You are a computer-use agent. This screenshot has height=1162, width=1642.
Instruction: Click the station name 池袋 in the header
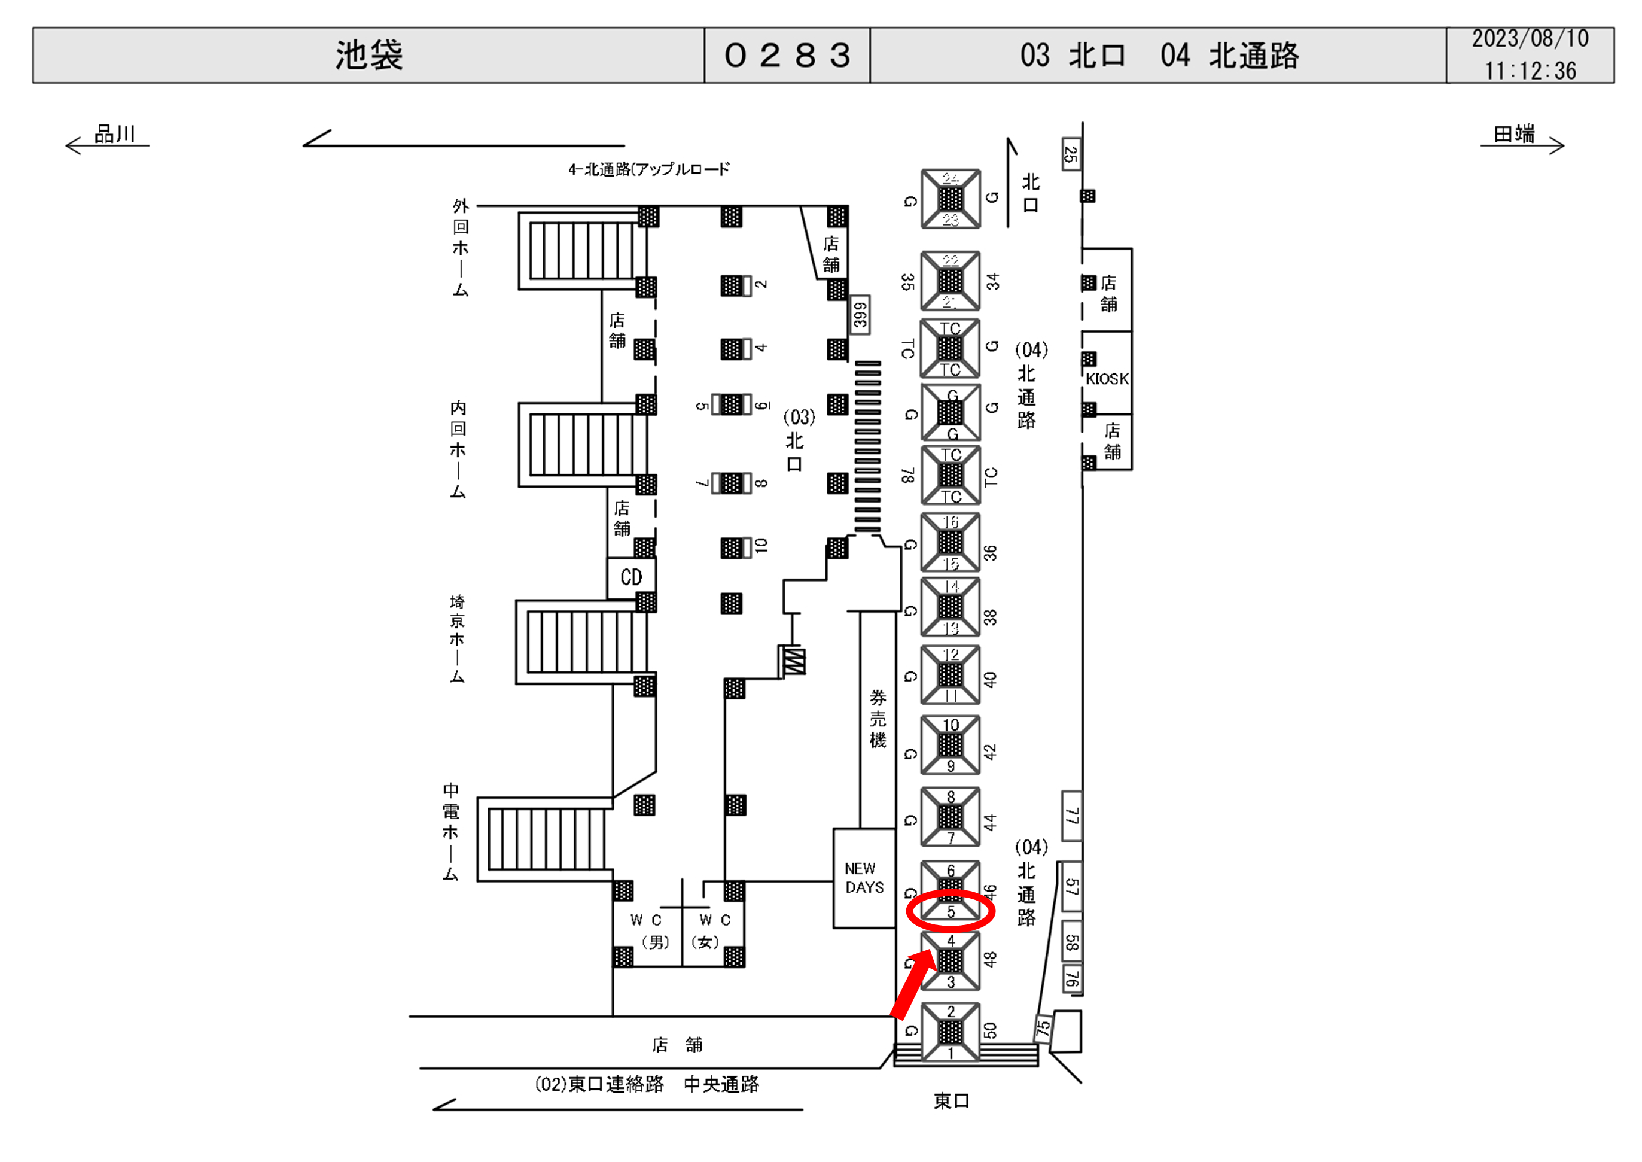click(x=369, y=55)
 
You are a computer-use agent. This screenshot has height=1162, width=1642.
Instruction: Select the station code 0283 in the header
click(x=787, y=55)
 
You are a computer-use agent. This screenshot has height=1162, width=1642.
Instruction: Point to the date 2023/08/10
click(x=1530, y=39)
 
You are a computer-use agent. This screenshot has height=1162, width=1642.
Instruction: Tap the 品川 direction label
click(x=114, y=134)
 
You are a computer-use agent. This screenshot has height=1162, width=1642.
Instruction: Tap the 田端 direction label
click(x=1513, y=134)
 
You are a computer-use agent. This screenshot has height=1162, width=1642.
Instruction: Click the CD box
click(x=630, y=577)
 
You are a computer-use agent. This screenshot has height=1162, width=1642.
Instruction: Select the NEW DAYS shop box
click(x=864, y=878)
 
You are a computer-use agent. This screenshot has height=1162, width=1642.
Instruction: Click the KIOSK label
click(x=1107, y=379)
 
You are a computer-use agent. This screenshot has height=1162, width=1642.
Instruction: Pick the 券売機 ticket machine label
click(x=878, y=719)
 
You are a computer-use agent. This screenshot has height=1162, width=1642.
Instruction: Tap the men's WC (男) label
click(x=647, y=931)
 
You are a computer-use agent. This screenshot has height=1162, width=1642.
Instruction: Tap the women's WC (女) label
click(x=713, y=931)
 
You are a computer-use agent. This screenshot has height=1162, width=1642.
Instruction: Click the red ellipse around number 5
click(x=951, y=911)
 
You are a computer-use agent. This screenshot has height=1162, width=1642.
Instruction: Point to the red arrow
click(x=914, y=983)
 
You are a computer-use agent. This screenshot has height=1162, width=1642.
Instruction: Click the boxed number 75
click(x=1043, y=1027)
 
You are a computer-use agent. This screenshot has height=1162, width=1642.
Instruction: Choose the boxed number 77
click(x=1071, y=816)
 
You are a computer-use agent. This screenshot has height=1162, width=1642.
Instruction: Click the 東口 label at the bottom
click(x=951, y=1100)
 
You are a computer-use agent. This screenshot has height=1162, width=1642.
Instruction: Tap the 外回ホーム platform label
click(x=461, y=248)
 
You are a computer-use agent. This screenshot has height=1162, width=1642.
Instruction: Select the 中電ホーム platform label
click(x=450, y=832)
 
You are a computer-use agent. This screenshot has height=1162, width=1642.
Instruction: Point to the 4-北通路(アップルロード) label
click(x=648, y=169)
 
